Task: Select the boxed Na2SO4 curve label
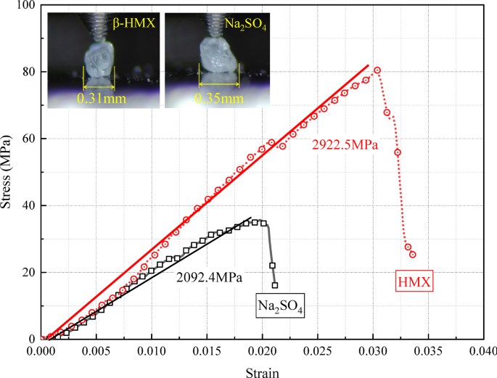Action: coord(280,306)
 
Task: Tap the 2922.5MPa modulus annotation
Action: coord(345,145)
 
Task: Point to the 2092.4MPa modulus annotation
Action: coord(209,276)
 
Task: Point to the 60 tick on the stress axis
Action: coord(29,139)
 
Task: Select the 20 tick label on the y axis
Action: coord(29,273)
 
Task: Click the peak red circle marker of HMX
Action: coord(377,70)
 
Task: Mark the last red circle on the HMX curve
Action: coord(413,255)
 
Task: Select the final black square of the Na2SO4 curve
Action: coord(275,285)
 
